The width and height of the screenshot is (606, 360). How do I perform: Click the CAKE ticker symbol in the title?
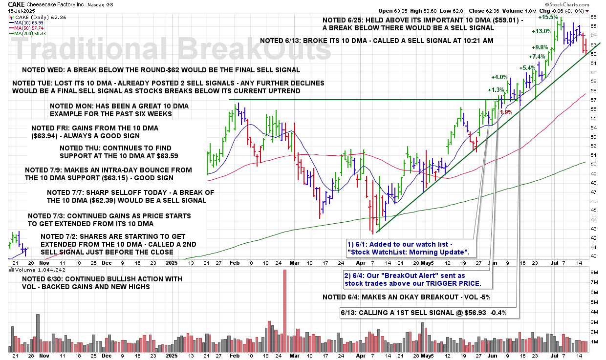[17, 4]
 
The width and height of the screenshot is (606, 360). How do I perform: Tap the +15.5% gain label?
[548, 17]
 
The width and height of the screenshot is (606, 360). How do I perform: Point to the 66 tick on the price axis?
[593, 17]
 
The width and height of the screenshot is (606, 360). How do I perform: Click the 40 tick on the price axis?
[593, 256]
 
